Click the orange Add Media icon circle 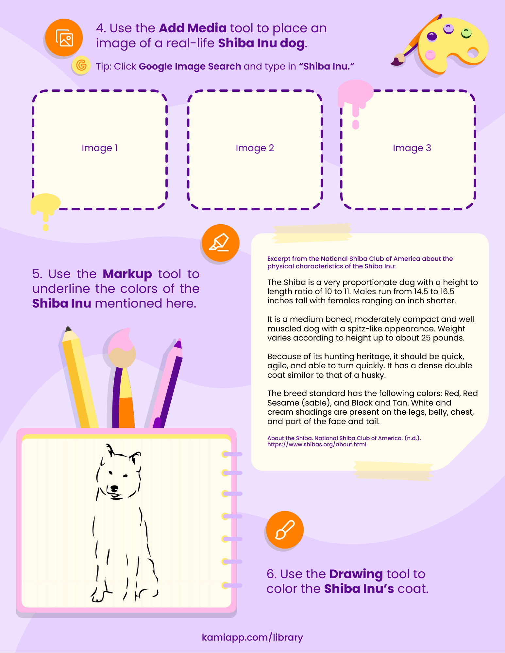click(x=64, y=38)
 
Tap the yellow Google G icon click(x=81, y=65)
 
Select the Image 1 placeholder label click(x=99, y=148)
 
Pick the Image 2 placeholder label click(x=255, y=148)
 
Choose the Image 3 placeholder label click(x=412, y=148)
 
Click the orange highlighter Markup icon click(x=221, y=243)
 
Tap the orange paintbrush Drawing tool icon click(x=285, y=530)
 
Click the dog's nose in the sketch click(x=114, y=488)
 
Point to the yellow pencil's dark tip click(x=68, y=329)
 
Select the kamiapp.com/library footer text click(x=252, y=637)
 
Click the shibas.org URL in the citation click(x=317, y=444)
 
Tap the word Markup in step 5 click(x=127, y=274)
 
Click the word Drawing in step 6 click(x=356, y=574)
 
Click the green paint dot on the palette click(x=466, y=33)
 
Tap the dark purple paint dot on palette click(x=432, y=36)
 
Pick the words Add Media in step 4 click(x=193, y=28)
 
